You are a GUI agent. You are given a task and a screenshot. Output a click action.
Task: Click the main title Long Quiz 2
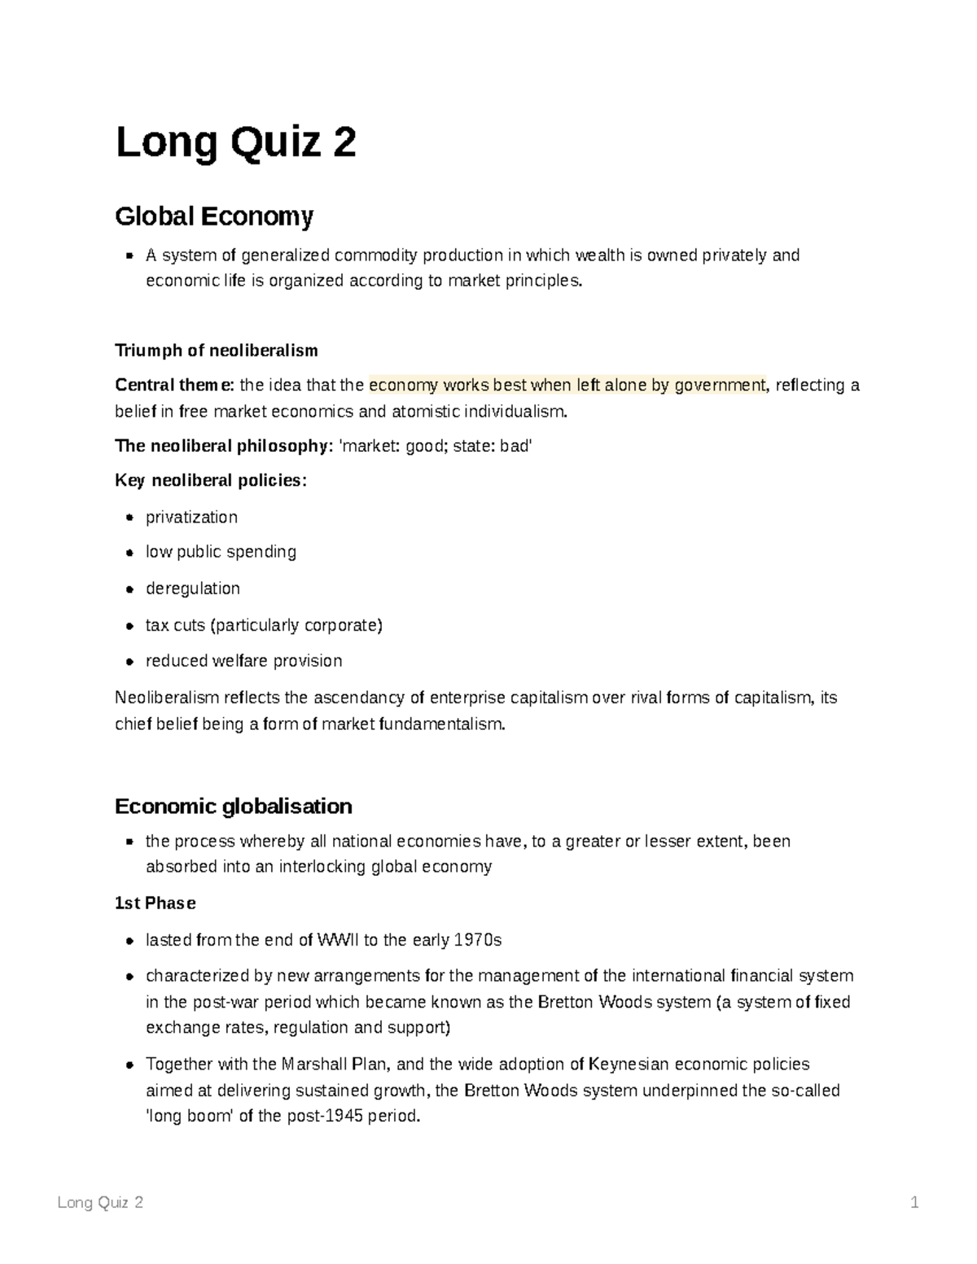(x=235, y=143)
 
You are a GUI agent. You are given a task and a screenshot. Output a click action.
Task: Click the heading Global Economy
(x=214, y=216)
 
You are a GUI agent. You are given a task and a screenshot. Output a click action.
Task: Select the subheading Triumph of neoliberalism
(x=216, y=351)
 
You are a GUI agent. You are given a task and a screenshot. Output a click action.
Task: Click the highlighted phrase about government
(x=567, y=385)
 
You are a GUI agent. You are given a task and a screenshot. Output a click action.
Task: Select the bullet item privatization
(x=191, y=518)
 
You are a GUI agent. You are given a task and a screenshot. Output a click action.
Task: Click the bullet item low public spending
(x=221, y=552)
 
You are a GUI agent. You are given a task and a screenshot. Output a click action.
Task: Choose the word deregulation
(x=193, y=588)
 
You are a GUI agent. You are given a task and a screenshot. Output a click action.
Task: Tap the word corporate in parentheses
(x=341, y=625)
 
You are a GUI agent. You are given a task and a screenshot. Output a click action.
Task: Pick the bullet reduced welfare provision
(x=243, y=661)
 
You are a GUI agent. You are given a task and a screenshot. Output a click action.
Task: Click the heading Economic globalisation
(x=234, y=807)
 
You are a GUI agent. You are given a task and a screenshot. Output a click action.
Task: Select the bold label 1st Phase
(x=156, y=903)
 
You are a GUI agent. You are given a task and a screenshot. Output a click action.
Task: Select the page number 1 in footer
(x=914, y=1203)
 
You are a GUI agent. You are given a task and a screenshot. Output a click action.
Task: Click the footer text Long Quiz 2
(x=101, y=1203)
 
